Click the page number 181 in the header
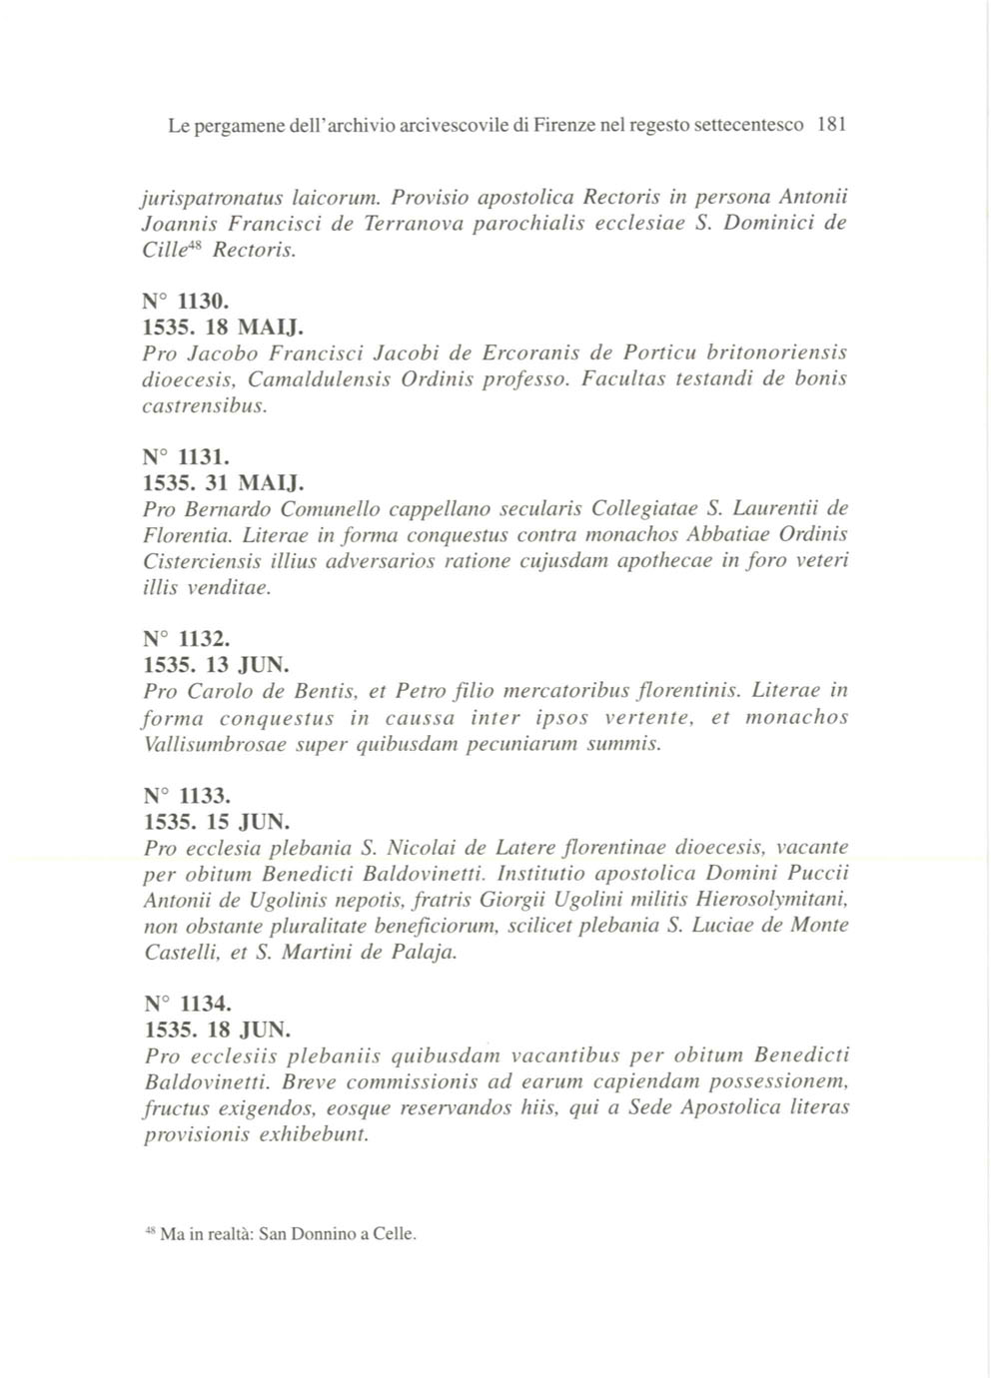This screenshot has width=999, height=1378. [831, 126]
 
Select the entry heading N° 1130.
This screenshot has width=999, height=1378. [187, 301]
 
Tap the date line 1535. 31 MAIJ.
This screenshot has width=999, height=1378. [217, 483]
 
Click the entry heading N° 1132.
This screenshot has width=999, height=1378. [187, 639]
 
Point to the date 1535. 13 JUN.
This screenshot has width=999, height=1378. [216, 665]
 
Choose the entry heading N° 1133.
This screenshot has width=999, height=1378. [187, 796]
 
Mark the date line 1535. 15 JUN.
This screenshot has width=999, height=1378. [216, 822]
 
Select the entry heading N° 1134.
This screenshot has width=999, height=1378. [187, 1004]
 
